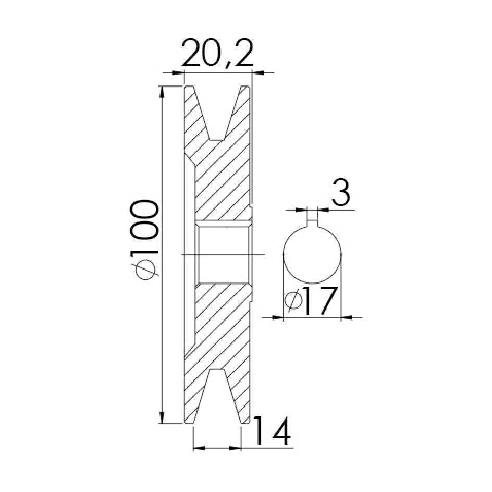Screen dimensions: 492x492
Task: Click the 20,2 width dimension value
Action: tap(217, 53)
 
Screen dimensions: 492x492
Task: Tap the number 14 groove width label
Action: tap(272, 431)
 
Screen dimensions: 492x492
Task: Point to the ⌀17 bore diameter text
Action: tap(311, 300)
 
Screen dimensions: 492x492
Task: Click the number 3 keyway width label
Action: tap(340, 193)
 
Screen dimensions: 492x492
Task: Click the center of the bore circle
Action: tap(312, 254)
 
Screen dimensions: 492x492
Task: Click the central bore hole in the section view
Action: tap(223, 253)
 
